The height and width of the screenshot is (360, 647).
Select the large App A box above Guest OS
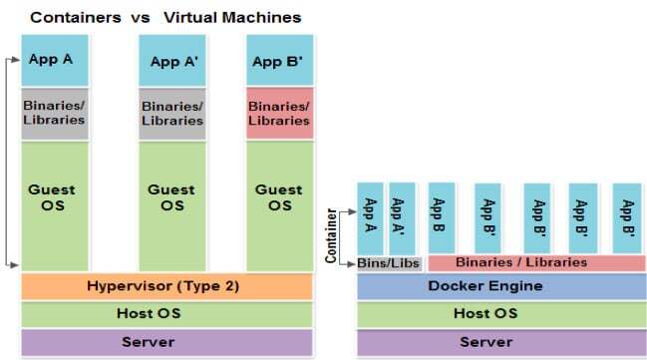(55, 60)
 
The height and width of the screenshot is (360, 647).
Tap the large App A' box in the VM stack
(171, 61)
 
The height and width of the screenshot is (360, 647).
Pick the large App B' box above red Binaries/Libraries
(279, 61)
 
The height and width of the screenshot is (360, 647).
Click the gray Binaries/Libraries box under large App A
(55, 114)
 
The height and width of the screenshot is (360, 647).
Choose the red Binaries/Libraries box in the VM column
(279, 114)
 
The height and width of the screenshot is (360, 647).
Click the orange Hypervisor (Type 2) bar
(166, 286)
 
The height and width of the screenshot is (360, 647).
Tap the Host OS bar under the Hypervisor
(166, 314)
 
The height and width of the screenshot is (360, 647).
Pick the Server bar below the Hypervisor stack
(166, 342)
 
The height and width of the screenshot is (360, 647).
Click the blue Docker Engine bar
(500, 286)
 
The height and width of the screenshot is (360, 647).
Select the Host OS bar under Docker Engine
(500, 314)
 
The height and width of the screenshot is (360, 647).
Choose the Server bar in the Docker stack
(500, 342)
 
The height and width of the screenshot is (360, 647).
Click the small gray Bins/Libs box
(389, 263)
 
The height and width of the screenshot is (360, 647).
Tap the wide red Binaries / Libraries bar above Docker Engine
(536, 263)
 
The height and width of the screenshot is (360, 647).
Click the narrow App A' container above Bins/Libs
(402, 217)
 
